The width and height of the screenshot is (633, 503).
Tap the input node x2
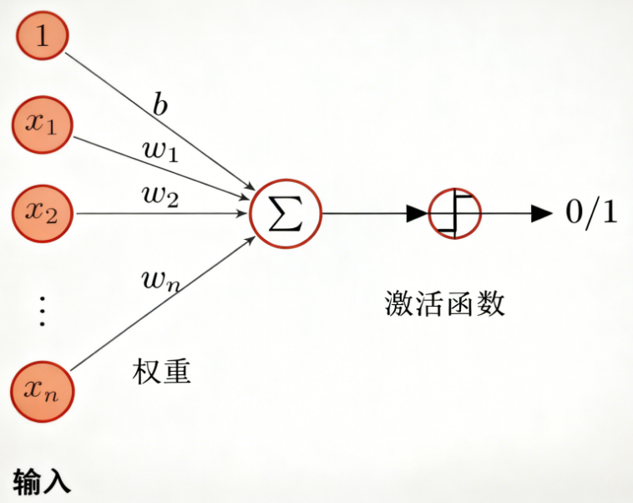42,213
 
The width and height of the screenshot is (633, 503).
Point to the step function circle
454,213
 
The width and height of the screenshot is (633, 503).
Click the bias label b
160,106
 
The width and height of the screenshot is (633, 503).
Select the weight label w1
160,153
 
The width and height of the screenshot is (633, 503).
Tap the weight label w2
160,197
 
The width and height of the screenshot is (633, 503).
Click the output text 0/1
591,213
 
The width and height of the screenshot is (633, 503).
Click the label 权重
162,370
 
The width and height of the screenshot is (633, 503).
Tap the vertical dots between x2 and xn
42,310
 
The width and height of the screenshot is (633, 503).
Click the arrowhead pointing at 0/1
543,213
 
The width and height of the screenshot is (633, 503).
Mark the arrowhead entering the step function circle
418,213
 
